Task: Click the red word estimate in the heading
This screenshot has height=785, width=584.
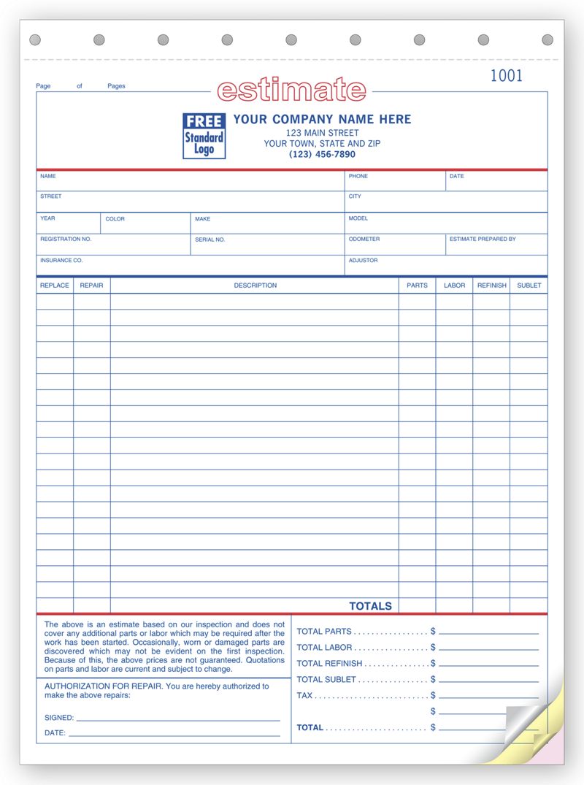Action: (x=292, y=90)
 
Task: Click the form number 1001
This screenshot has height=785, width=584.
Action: (x=506, y=76)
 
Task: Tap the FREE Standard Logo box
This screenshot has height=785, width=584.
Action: (x=204, y=136)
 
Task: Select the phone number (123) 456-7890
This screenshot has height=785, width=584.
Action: (x=322, y=155)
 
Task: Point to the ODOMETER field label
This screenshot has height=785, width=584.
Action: (x=364, y=240)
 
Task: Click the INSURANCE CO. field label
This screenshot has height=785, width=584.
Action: (x=61, y=261)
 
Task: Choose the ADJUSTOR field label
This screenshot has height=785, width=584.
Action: (x=363, y=261)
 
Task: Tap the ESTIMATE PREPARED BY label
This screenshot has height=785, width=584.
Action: (x=483, y=240)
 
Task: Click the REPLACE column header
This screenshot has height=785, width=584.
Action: (x=55, y=286)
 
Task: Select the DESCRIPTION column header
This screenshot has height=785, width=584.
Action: (x=255, y=286)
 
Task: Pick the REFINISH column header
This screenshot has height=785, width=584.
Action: (x=491, y=286)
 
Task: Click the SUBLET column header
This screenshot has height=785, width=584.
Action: (x=529, y=286)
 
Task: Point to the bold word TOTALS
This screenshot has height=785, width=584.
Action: (x=370, y=606)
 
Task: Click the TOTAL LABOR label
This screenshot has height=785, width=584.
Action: (x=324, y=648)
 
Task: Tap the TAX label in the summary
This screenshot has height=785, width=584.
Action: (x=304, y=696)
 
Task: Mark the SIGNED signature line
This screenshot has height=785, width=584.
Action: (x=178, y=719)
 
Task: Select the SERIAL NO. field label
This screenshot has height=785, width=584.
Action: (x=210, y=240)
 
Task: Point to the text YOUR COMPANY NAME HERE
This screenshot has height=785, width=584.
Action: (x=322, y=119)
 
